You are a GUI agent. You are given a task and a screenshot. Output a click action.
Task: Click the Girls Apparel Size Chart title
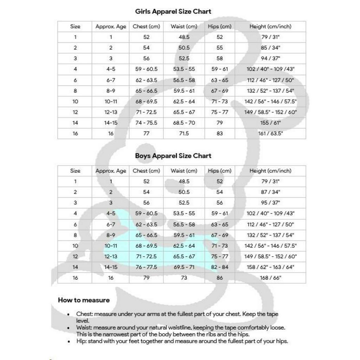173,11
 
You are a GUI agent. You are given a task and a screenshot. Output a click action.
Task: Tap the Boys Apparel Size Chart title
173,156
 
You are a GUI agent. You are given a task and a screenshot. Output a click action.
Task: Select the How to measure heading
84,300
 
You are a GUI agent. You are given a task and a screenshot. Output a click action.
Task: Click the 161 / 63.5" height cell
270,134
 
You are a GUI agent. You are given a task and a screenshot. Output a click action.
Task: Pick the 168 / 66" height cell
270,278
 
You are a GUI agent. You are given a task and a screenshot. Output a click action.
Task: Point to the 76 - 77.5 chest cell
146,267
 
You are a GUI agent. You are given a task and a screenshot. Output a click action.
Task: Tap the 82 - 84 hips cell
220,267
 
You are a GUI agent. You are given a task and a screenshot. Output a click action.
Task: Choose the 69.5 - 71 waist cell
184,267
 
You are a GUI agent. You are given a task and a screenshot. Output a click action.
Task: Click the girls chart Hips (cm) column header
220,26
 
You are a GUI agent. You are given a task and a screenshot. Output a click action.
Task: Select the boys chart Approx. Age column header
111,171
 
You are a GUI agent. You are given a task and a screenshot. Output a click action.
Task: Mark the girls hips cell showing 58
220,58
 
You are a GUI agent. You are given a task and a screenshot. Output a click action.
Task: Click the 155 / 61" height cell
270,123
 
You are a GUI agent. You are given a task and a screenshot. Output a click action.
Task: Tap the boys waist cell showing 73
184,278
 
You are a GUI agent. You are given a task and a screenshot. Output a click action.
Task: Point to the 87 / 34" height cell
270,192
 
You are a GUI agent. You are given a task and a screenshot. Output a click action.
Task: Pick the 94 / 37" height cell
270,58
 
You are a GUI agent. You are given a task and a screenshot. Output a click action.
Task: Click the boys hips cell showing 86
220,278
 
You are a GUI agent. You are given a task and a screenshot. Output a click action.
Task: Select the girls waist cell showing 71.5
184,134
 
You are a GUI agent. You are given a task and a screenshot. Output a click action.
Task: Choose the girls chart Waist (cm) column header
184,26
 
